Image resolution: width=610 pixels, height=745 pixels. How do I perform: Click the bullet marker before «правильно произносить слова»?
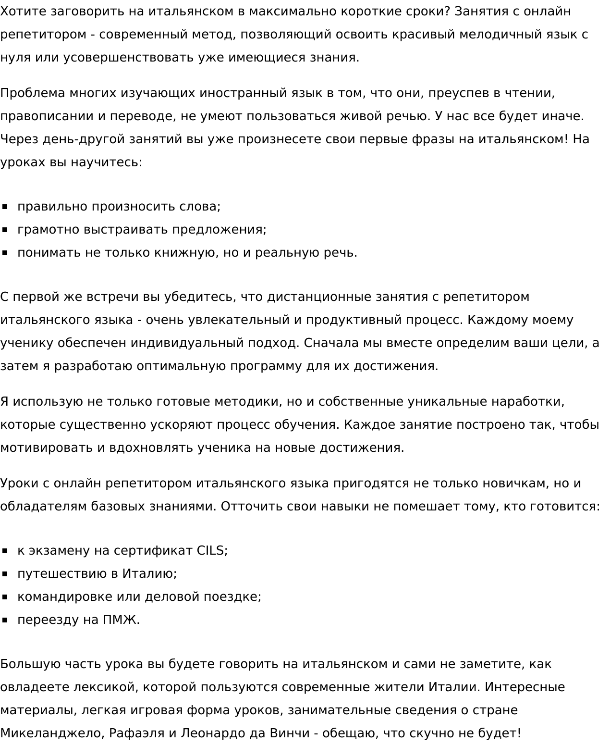click(x=5, y=207)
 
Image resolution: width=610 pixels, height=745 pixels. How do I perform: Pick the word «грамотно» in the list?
click(x=48, y=229)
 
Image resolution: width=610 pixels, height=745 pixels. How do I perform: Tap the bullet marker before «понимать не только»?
click(x=5, y=253)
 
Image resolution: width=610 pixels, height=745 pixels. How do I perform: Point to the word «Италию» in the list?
click(x=149, y=573)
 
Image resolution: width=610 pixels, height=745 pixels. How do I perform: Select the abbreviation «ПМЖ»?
click(x=121, y=620)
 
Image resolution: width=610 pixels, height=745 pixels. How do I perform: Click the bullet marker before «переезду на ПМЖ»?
click(x=5, y=620)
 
